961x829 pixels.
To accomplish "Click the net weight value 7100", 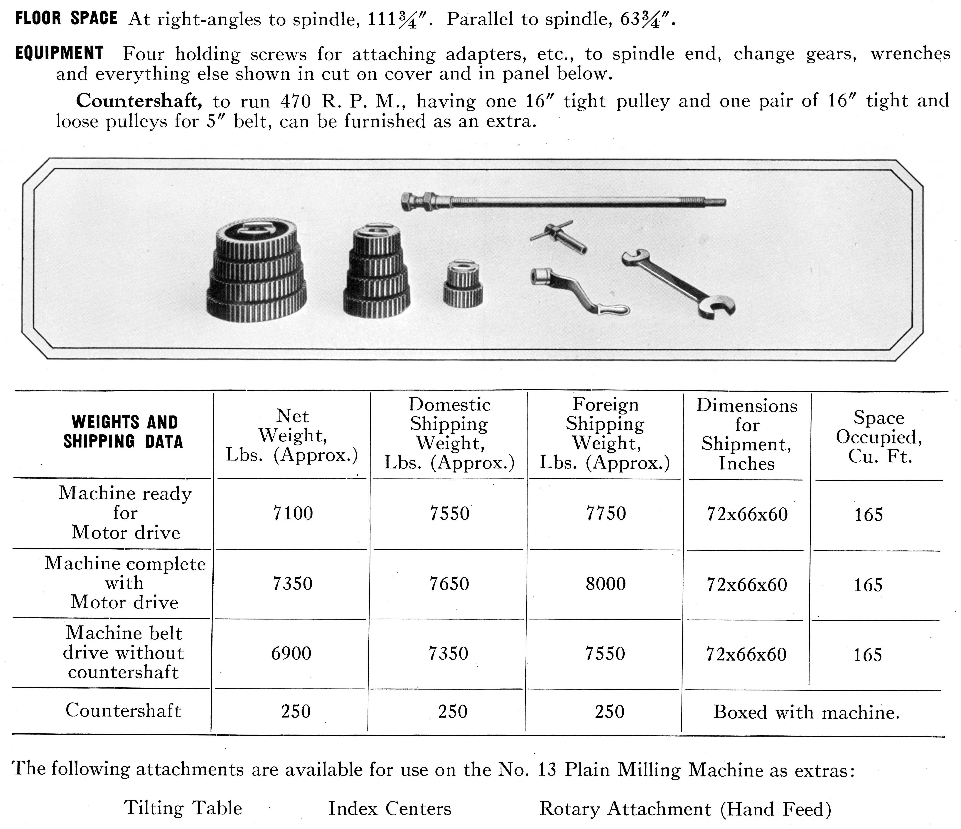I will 293,513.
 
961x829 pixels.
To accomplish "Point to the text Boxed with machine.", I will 807,712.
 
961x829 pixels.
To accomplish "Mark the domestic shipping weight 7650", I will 449,583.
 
